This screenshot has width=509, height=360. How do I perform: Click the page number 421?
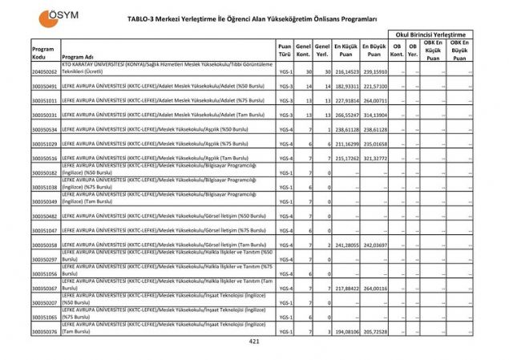point(254,342)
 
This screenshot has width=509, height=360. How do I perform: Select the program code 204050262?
point(45,72)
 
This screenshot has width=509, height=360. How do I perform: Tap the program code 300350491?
point(45,86)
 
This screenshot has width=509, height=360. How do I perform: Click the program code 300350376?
point(45,331)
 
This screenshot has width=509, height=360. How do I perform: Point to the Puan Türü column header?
point(285,51)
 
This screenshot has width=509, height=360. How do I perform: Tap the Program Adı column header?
point(78,58)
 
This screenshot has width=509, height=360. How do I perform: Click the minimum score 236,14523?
point(345,72)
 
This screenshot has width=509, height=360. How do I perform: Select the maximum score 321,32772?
point(375,159)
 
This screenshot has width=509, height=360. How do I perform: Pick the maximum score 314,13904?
point(375,115)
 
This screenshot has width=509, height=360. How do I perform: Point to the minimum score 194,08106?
point(345,331)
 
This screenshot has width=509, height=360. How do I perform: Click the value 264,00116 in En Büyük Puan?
point(375,288)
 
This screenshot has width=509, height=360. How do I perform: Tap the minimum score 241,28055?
point(345,245)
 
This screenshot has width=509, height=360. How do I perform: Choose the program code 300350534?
point(45,129)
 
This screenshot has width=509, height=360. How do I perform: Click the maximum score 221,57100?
point(375,86)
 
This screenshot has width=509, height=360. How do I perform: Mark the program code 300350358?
point(45,245)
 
